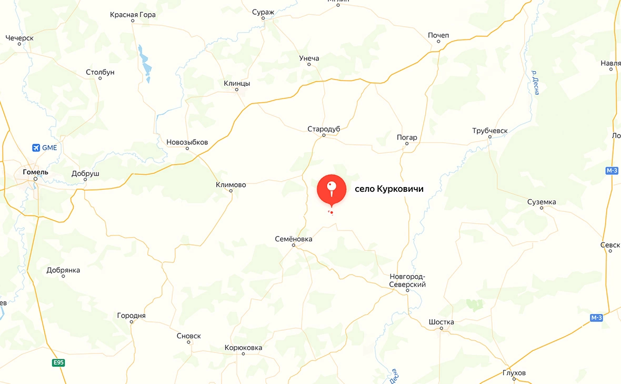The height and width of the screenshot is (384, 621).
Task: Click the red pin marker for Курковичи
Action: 332,190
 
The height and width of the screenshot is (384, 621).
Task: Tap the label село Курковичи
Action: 389,189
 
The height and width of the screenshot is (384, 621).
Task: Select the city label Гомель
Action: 36,172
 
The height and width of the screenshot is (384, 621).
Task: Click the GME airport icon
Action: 36,147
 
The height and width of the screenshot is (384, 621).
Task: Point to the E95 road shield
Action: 58,362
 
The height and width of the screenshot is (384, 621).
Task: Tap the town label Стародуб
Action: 324,129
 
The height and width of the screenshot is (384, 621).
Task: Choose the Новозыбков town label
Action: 187,142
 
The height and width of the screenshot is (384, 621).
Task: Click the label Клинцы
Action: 237,83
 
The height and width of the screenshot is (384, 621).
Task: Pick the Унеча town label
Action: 309,58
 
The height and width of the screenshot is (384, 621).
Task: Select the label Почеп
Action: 438,35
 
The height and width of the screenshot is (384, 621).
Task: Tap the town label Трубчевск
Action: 489,130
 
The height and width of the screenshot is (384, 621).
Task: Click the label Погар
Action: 407,137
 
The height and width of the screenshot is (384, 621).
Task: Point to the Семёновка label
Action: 294,239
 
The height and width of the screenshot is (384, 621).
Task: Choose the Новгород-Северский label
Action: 407,280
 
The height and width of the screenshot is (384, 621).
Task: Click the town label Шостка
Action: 441,322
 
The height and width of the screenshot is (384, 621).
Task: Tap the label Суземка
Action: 542,202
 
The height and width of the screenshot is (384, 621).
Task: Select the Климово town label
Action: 231,184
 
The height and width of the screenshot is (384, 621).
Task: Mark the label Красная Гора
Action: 133,15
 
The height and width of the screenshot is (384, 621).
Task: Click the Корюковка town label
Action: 243,348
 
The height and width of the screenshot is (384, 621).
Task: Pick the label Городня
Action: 131,316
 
